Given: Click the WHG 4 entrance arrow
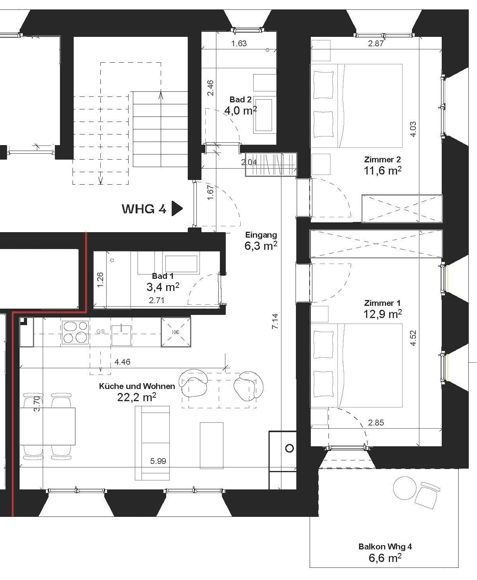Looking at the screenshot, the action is coord(177,208).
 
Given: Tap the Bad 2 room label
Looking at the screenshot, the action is coord(241,99).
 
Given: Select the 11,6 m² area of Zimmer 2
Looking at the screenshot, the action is coord(383,171).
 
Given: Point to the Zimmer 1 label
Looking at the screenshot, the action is coord(382,303).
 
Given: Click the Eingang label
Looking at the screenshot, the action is coord(261,235).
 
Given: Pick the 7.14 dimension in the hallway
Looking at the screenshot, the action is coord(275,321).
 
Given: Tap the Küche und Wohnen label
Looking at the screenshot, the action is coord(137,386).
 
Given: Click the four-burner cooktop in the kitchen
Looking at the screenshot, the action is coord(75,333).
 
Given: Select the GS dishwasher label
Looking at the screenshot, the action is coord(100,331).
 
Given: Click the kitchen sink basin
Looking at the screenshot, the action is coord(121,335).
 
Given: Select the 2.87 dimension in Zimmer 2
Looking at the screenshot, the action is coord(376,44).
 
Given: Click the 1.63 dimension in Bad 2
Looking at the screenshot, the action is coord(239,44).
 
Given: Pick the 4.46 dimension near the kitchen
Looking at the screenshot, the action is coord(122,362).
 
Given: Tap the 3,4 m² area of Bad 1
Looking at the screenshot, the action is coord(163,287).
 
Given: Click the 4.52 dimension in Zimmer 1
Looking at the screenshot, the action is coord(413,338).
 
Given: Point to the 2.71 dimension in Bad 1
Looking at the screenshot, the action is coord(156,300).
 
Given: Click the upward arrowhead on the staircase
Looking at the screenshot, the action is coord(161,95).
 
